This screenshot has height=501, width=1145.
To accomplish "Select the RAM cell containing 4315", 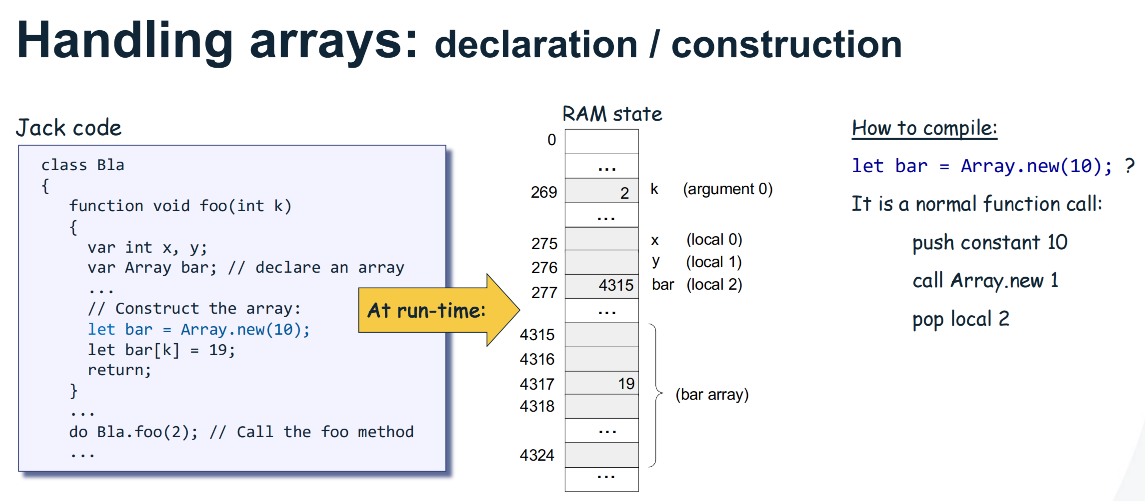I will (602, 286).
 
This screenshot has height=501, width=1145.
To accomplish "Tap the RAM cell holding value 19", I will (602, 384).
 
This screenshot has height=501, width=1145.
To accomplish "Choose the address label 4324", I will (538, 455).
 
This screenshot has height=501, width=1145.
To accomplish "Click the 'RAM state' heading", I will (612, 114).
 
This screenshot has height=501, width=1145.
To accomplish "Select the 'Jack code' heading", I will (69, 127).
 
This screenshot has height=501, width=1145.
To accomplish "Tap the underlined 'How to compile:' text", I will (924, 128).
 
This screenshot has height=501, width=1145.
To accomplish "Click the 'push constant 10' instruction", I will (989, 243).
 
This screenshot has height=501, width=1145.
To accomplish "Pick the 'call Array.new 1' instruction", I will (985, 281).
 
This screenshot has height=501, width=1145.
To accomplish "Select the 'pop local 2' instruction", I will (960, 319).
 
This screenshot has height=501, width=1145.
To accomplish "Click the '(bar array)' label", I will (712, 394).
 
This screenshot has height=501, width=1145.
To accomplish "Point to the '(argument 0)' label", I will (728, 189).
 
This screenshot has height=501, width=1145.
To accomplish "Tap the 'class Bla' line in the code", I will (82, 165).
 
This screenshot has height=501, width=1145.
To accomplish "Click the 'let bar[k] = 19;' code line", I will (161, 350).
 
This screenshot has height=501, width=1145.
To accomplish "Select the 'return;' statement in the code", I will (119, 370).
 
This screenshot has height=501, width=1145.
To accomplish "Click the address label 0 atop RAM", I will (551, 140).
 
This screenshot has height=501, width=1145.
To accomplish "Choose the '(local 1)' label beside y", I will (714, 262).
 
